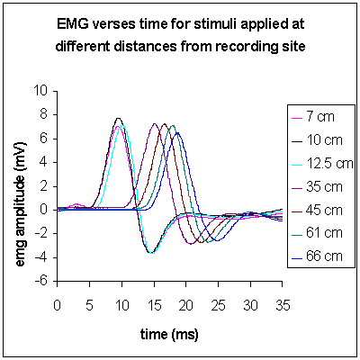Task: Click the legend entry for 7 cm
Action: click(x=313, y=116)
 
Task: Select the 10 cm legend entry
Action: click(x=317, y=139)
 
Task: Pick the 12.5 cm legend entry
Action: click(x=322, y=163)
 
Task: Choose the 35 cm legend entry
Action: click(x=317, y=186)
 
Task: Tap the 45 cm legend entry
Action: click(x=317, y=210)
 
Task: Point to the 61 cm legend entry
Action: click(x=317, y=233)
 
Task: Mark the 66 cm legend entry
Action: click(x=317, y=256)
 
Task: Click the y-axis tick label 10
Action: click(x=40, y=91)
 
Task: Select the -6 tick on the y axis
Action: click(x=40, y=282)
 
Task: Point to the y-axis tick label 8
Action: click(x=44, y=115)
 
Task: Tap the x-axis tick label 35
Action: click(x=282, y=305)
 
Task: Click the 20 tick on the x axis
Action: click(x=185, y=305)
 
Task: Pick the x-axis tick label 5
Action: click(x=89, y=305)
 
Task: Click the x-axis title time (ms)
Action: click(x=169, y=334)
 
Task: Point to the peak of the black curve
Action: click(x=118, y=118)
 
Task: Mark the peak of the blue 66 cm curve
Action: click(x=177, y=132)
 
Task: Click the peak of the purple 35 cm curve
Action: click(x=155, y=123)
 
